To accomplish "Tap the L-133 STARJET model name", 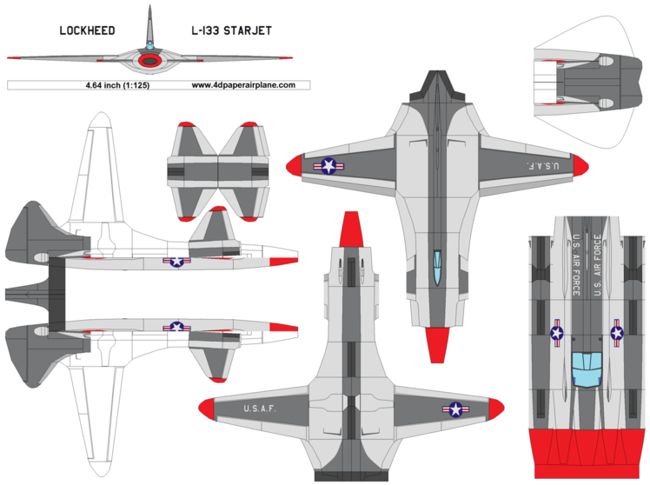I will point(231,30).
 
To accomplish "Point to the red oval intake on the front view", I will point(152,61).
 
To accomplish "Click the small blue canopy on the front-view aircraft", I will point(151,45).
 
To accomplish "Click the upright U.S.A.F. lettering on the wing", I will point(260,409).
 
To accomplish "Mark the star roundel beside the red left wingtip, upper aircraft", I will point(329,165).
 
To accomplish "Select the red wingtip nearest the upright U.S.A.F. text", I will point(209,409).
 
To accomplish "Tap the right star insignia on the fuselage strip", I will point(616,331).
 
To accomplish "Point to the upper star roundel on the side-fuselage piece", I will point(177,259).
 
